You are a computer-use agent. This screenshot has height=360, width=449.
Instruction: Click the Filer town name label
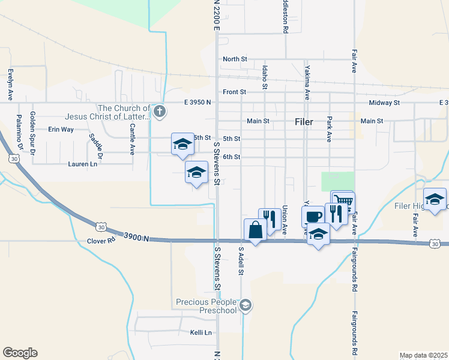point(304,121)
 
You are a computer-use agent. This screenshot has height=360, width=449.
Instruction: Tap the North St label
point(235,59)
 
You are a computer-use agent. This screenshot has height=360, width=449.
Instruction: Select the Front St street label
point(234,92)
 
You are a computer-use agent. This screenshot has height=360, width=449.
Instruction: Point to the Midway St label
point(384,103)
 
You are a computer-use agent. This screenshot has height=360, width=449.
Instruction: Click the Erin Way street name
point(61,129)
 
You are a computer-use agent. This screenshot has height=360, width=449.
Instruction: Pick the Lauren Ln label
point(83,164)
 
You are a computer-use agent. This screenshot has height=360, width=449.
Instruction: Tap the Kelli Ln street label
point(201,332)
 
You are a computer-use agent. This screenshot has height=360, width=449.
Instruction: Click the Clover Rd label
point(100,240)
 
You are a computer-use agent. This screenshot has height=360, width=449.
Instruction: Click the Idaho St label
point(265,78)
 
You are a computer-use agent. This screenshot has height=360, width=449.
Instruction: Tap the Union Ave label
point(284,220)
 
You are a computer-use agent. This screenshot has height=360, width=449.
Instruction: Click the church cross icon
point(159,111)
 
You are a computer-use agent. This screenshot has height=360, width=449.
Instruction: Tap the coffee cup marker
point(312,217)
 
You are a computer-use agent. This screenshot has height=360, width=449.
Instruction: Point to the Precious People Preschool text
point(206,306)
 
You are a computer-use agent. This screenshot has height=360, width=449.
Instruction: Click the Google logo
point(20,353)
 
